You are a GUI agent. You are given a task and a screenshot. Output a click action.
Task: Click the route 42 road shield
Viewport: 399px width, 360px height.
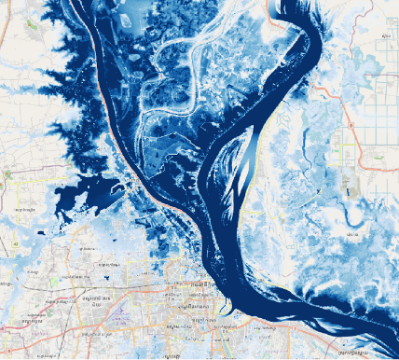tap(16, 243)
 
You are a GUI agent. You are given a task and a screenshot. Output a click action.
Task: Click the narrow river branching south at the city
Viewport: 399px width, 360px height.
tap(224, 326)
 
